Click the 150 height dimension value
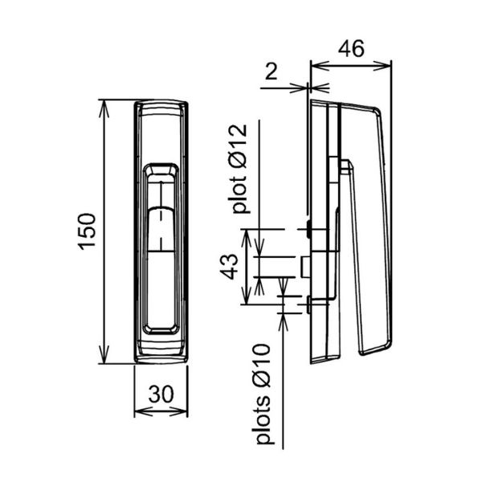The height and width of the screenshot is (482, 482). coord(87,231)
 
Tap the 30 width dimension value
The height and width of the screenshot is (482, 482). coord(161,394)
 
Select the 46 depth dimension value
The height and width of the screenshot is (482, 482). coord(351,48)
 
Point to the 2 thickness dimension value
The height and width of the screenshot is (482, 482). coord(271,72)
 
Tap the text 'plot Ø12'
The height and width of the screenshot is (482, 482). coord(239,169)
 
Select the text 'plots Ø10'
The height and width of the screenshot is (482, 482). coord(263,394)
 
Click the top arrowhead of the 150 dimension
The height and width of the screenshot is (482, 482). coord(104,108)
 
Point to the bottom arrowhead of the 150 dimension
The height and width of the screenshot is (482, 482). coord(104,355)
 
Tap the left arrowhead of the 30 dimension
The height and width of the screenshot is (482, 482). coord(144,411)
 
